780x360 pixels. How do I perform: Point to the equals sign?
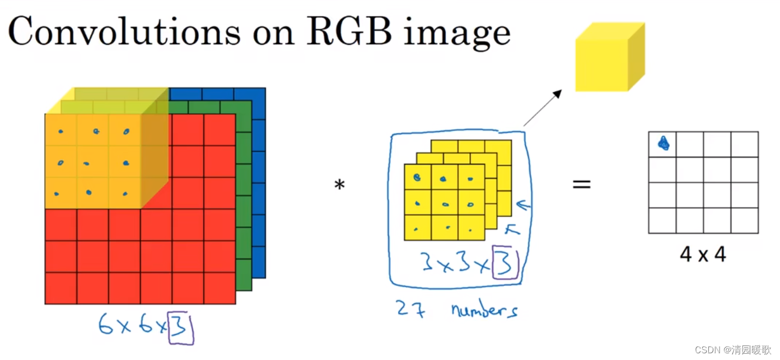(x=581, y=184)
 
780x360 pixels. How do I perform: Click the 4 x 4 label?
(x=703, y=255)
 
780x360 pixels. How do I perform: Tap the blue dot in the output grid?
(x=664, y=144)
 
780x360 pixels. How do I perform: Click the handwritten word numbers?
(x=484, y=310)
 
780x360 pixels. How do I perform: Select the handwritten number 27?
(x=410, y=308)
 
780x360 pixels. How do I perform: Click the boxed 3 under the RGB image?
(x=181, y=329)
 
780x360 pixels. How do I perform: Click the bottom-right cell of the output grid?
(x=744, y=221)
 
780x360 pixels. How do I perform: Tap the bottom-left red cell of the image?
(x=60, y=288)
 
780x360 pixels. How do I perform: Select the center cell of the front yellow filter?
(x=445, y=203)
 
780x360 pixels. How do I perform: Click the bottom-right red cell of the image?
(x=219, y=288)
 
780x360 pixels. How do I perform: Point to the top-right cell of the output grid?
(x=744, y=144)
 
